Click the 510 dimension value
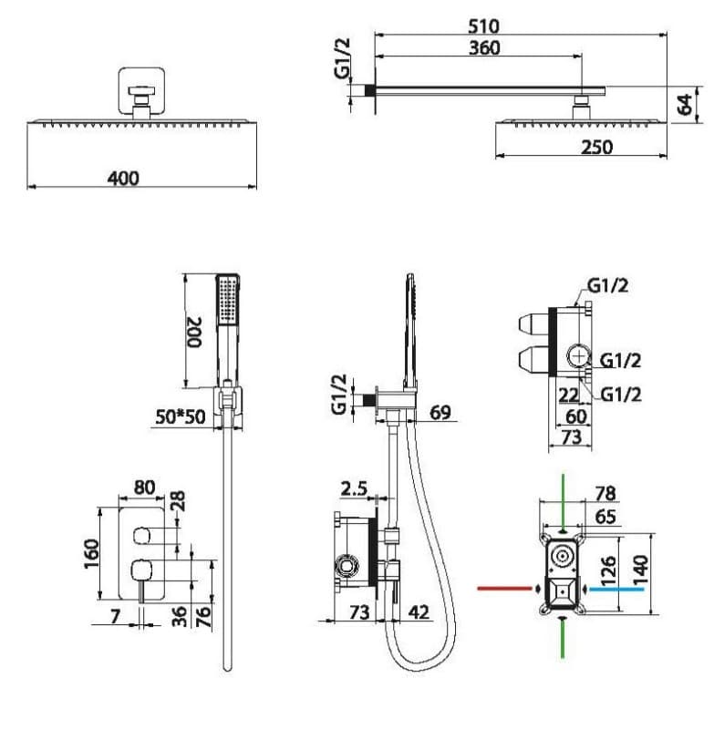[x=483, y=26]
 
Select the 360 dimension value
[x=484, y=48]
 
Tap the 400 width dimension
[x=123, y=178]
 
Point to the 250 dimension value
[x=596, y=148]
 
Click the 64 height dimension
[x=685, y=104]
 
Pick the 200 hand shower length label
[x=194, y=332]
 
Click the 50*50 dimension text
[x=180, y=416]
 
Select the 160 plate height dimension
[x=91, y=553]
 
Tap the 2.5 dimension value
[x=354, y=488]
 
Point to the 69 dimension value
[x=440, y=412]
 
